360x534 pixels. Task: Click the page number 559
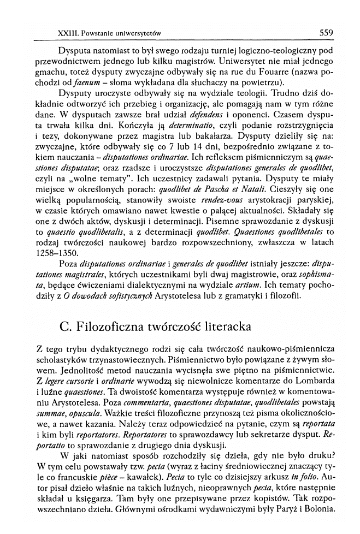pyautogui.click(x=326, y=33)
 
